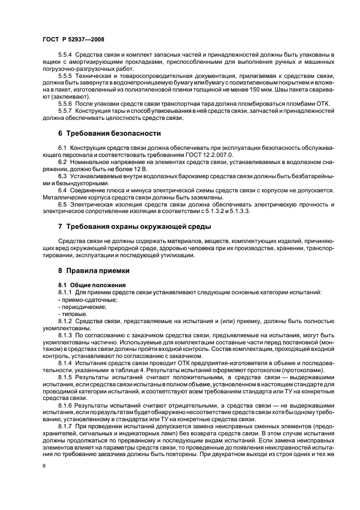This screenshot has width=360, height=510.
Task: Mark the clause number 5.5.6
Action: (x=65, y=103)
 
